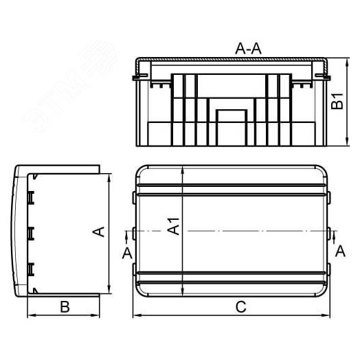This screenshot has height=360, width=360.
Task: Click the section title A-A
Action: (247, 48)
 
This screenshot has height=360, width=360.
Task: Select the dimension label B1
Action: (336, 102)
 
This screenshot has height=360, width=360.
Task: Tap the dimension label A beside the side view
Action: (98, 232)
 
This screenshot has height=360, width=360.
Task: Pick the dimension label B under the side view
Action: (63, 306)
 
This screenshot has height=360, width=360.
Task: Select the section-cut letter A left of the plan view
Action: (126, 253)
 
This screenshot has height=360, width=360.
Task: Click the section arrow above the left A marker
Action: (126, 236)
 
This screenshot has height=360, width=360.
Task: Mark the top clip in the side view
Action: (31, 197)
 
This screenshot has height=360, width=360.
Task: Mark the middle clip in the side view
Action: (31, 232)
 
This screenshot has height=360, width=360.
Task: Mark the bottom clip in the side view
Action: (31, 267)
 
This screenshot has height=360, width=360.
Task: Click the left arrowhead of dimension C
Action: (134, 316)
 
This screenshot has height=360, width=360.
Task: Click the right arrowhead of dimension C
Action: (327, 316)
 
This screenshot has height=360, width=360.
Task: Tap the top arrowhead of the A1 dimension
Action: (182, 168)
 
